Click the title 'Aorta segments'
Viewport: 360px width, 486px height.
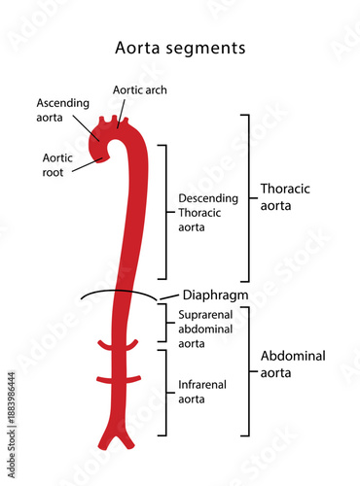click(x=180, y=47)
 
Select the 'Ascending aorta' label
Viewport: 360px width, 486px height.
click(x=62, y=110)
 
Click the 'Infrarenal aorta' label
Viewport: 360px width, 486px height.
click(x=202, y=392)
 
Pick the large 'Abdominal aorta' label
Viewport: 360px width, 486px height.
click(x=293, y=364)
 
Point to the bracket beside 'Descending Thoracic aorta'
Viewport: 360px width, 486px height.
click(x=166, y=212)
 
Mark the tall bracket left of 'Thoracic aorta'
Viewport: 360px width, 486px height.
click(x=247, y=198)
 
